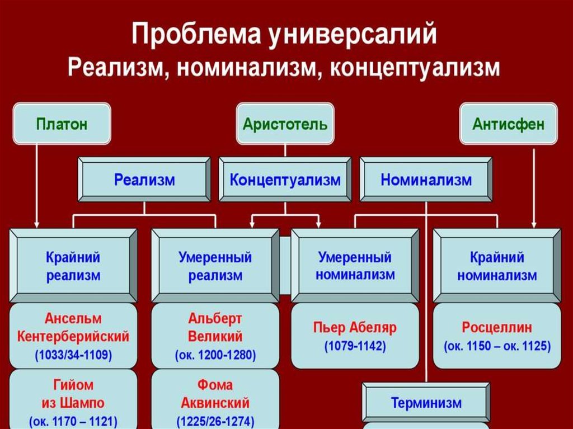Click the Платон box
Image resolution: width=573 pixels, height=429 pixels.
click(62, 124)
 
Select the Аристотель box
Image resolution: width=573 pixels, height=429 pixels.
click(285, 124)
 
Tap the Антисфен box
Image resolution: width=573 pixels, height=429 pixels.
click(508, 124)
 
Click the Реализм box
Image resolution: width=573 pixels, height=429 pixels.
click(144, 180)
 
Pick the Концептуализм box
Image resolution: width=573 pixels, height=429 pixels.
click(285, 180)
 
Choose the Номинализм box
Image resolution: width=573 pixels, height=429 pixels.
click(426, 180)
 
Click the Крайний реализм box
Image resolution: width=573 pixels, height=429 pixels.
click(73, 266)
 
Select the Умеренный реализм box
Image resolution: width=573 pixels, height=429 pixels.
click(215, 266)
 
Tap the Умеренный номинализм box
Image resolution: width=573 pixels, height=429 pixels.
click(355, 266)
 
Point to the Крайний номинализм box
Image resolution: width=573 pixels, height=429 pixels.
click(497, 266)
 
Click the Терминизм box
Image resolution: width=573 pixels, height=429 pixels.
click(426, 402)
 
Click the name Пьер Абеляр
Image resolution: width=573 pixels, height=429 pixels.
click(355, 327)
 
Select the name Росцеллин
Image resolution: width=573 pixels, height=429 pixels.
click(497, 327)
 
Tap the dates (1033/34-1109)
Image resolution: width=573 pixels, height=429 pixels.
click(73, 355)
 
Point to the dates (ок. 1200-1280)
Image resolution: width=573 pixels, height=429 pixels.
click(215, 355)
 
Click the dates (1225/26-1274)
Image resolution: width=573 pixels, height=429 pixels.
click(215, 421)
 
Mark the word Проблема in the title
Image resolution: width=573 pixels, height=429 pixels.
click(196, 34)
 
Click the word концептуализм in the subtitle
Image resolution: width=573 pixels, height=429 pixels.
click(415, 68)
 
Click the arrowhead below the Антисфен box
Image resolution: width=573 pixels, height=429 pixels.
click(534, 224)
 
